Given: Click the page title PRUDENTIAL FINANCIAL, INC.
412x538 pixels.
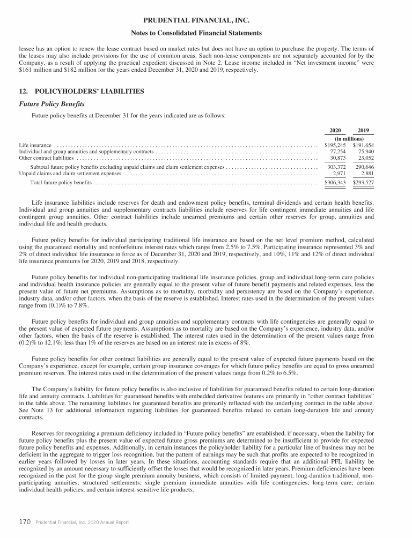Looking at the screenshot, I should (206, 21).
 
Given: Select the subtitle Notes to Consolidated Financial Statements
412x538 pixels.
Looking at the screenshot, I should (206, 33).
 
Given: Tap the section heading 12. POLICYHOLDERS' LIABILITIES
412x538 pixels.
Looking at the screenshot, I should (81, 92).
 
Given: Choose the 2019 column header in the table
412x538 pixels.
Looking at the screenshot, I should (363, 131).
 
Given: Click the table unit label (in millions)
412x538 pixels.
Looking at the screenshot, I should (349, 138).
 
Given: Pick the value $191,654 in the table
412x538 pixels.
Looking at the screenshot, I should (363, 145).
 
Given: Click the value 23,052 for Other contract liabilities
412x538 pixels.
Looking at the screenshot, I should (365, 158).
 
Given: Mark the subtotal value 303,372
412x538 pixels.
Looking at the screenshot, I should (336, 168).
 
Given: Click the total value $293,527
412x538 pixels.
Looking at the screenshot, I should (363, 183).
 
